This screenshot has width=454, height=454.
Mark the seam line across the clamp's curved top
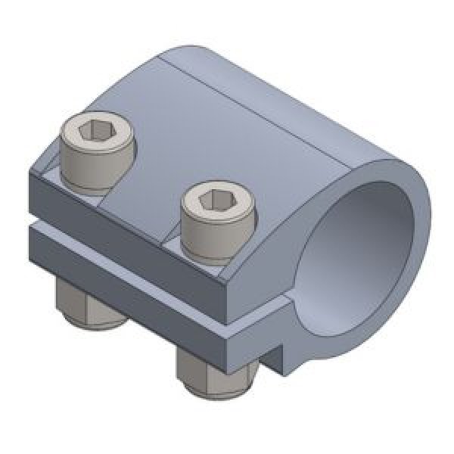coord(250,98)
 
